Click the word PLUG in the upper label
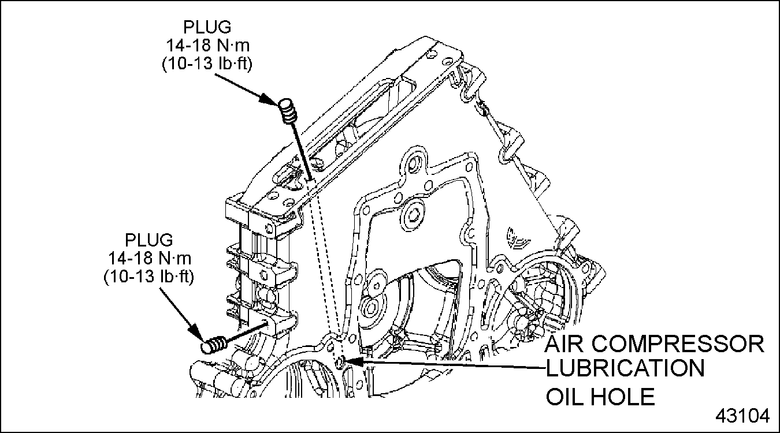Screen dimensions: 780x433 click(207, 27)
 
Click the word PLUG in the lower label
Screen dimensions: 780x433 click(149, 240)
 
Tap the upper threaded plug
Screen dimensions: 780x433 click(288, 111)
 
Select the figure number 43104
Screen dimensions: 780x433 click(742, 416)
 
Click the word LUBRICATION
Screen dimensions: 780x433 click(625, 368)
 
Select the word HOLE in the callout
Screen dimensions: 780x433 click(623, 396)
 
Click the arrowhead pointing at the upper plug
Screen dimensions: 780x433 click(270, 99)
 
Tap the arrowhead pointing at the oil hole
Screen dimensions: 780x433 click(354, 361)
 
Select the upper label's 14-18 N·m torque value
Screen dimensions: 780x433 click(207, 45)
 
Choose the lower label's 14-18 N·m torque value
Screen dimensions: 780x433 click(150, 258)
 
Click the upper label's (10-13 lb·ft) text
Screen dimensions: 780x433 click(207, 64)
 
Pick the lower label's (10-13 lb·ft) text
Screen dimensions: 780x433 click(149, 277)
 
